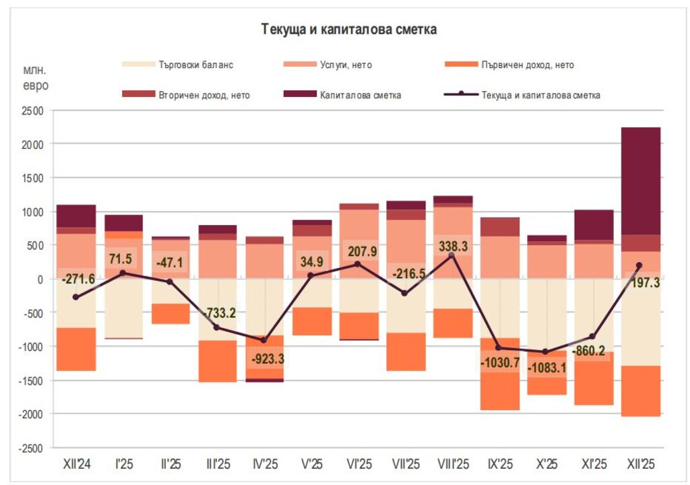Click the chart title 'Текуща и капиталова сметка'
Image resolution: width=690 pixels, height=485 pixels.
pyautogui.click(x=349, y=30)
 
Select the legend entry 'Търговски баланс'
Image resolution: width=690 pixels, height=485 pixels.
pyautogui.click(x=196, y=65)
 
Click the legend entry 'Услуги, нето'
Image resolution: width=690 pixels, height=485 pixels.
pyautogui.click(x=346, y=65)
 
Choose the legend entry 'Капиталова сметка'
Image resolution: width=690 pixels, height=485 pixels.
pyautogui.click(x=361, y=95)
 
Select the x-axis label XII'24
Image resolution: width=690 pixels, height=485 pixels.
pyautogui.click(x=75, y=464)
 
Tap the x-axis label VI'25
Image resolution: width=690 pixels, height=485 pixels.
pyautogui.click(x=358, y=464)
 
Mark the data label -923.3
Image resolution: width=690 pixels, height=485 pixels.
pyautogui.click(x=265, y=358)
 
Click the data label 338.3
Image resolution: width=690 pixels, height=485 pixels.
pyautogui.click(x=453, y=247)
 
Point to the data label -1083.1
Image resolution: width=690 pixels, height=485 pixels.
pyautogui.click(x=547, y=369)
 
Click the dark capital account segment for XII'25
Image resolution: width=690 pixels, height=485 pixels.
pyautogui.click(x=641, y=181)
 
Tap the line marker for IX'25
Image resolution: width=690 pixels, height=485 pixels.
pyautogui.click(x=499, y=348)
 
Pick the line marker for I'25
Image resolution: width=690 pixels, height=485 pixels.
pyautogui.click(x=123, y=273)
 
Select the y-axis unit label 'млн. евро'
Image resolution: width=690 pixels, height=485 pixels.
pyautogui.click(x=36, y=77)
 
